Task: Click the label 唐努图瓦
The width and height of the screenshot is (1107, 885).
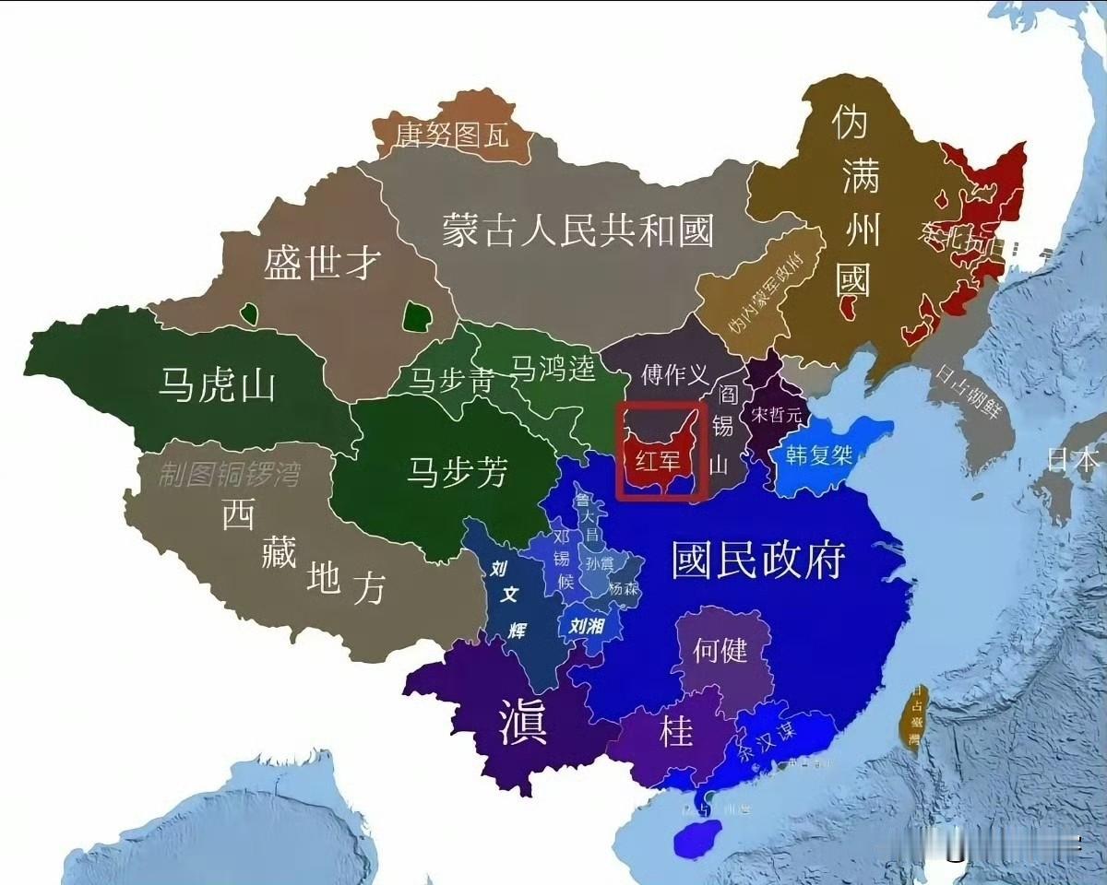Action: pos(452,136)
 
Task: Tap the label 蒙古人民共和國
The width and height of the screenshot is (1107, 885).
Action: pos(577,230)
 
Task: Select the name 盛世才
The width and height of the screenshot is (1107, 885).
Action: pos(322,264)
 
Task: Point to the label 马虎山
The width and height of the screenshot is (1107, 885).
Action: pos(217,385)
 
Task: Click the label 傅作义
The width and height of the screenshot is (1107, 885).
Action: pos(675,375)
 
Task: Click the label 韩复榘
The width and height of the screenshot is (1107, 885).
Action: pos(819,454)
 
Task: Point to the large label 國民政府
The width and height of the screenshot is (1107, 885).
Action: pos(758,559)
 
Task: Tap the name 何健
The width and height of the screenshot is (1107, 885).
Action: pos(720,651)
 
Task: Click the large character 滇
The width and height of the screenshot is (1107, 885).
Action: pos(523,721)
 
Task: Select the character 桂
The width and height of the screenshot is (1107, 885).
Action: pos(675,733)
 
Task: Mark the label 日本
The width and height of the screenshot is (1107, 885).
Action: pos(1074,459)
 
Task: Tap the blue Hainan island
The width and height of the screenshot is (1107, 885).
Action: pos(700,839)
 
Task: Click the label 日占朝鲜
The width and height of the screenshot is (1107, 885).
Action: pos(968,403)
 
